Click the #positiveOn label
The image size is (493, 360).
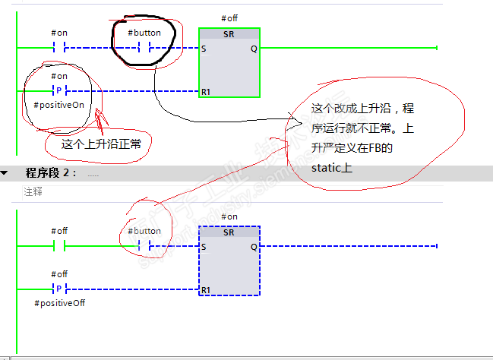coord(58,105)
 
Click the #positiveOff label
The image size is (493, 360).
coord(58,303)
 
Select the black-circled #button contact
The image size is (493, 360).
coord(144,49)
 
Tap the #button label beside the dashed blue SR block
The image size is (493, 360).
coord(144,231)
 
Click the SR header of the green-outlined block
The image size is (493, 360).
coord(229,35)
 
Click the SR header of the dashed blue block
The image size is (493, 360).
coord(229,232)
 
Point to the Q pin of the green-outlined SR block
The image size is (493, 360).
coord(253,49)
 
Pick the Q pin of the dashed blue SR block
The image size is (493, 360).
coord(253,246)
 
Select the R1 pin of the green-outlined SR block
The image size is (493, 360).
coord(206,92)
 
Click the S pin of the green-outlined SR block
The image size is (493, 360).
coord(204,49)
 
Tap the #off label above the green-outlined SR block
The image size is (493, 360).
coord(229,17)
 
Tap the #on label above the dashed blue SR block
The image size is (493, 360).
coord(229,216)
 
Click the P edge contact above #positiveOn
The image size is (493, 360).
coord(58,91)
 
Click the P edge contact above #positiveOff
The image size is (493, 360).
coord(58,289)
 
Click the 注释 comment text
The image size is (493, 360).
coord(33,192)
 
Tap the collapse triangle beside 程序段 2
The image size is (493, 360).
coord(5,173)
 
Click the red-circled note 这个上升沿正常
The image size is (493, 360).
coord(97,142)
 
